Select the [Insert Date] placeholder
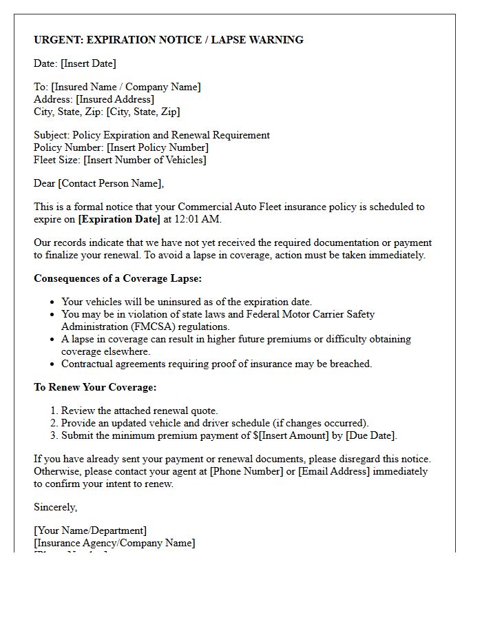click(88, 63)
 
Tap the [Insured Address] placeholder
click(115, 99)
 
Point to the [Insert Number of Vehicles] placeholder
click(145, 160)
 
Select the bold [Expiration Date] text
click(119, 219)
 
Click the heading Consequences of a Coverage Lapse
click(117, 278)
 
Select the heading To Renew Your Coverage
click(95, 387)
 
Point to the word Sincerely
click(56, 507)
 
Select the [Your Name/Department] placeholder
click(90, 530)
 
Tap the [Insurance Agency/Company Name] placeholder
click(114, 543)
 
